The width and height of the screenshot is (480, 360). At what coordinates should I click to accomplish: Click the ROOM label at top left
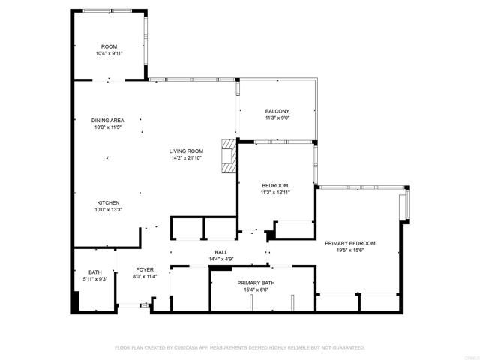click(109, 46)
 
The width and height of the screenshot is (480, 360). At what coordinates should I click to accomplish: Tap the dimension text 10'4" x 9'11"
click(109, 54)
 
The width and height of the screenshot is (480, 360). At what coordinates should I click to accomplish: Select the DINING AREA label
click(108, 120)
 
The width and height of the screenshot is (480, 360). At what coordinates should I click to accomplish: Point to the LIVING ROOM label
click(186, 151)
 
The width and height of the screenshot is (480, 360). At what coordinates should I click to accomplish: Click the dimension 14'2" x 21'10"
click(186, 158)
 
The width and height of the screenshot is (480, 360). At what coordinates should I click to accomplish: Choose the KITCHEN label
click(108, 202)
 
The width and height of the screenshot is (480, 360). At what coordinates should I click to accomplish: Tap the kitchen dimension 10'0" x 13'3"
click(108, 210)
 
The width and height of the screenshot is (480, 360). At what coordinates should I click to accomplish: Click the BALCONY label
click(277, 111)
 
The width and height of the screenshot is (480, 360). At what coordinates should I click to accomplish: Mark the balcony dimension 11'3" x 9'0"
click(277, 118)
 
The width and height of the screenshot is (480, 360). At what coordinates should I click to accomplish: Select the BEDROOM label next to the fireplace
click(274, 185)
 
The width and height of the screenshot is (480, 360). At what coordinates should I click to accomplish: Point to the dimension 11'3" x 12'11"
click(274, 193)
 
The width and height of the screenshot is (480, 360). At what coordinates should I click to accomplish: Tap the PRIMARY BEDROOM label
click(349, 243)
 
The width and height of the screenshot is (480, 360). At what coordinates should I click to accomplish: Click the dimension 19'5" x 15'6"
click(349, 250)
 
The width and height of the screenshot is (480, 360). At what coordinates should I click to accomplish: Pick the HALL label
click(221, 252)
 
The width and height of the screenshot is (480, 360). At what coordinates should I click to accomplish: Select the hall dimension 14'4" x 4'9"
click(221, 259)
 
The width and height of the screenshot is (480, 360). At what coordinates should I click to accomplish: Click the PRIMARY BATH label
click(256, 283)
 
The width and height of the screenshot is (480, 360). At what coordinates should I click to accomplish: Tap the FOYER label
click(145, 269)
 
